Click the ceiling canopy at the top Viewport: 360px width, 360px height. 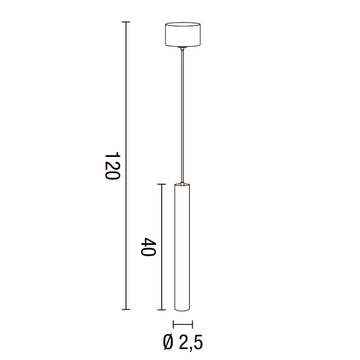[x=183, y=34]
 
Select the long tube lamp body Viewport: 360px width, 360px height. [x=182, y=244]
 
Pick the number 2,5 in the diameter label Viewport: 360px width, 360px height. [x=191, y=343]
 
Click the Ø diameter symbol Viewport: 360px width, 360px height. [x=169, y=343]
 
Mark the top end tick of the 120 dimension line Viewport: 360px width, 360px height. [x=125, y=22]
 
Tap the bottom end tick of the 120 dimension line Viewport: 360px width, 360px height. [x=125, y=310]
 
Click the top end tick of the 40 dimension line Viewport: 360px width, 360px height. [x=161, y=184]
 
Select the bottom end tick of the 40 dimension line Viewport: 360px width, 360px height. [x=161, y=310]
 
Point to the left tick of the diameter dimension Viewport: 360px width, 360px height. [x=173, y=324]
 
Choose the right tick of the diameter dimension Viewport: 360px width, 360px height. [x=192, y=324]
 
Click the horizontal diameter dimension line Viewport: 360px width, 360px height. [x=183, y=324]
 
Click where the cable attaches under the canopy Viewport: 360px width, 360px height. [x=183, y=47]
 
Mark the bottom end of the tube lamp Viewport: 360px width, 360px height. [x=182, y=309]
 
